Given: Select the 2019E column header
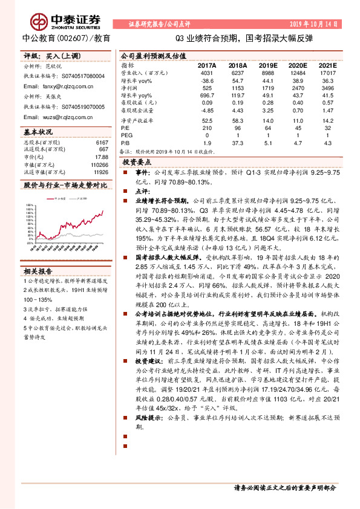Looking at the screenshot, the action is click(x=266, y=65).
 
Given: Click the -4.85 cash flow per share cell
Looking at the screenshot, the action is click(x=208, y=111).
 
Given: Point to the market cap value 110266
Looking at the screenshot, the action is click(x=98, y=164).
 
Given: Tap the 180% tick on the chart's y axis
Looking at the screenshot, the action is click(x=30, y=204).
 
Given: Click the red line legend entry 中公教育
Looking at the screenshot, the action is click(x=58, y=198).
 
